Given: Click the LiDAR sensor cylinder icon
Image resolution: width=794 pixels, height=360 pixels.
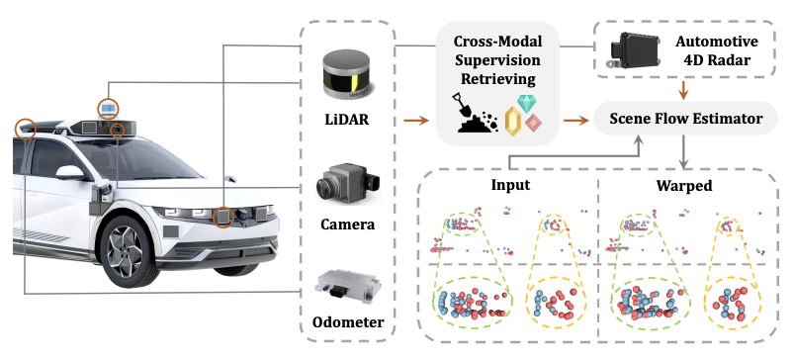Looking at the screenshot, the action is (x=349, y=76).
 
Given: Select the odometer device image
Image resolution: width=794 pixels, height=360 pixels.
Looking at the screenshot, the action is (x=347, y=290).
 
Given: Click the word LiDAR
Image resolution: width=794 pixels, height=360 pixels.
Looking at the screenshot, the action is (x=348, y=120).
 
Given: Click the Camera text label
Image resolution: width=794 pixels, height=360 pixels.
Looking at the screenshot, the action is (x=348, y=224).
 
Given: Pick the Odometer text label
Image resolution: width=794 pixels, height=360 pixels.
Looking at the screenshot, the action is (x=348, y=322).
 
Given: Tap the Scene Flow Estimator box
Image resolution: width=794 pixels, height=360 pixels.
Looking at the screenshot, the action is (x=685, y=119).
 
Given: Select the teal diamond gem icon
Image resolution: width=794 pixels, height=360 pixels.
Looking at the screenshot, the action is (x=526, y=103).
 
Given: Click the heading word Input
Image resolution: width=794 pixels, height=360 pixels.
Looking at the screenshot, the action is (x=510, y=185).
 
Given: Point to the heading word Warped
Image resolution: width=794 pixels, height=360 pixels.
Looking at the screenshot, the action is (x=684, y=186).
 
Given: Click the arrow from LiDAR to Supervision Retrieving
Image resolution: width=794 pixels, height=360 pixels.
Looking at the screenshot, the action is (x=416, y=121).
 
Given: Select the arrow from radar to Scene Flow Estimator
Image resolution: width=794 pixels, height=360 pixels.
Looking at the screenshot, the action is (x=684, y=90).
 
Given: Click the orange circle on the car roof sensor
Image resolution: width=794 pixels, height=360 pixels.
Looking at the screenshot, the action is (x=108, y=109).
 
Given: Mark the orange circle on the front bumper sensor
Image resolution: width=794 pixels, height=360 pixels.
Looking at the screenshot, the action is (x=223, y=217).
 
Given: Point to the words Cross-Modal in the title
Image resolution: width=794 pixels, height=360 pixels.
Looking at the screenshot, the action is (x=497, y=41).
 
